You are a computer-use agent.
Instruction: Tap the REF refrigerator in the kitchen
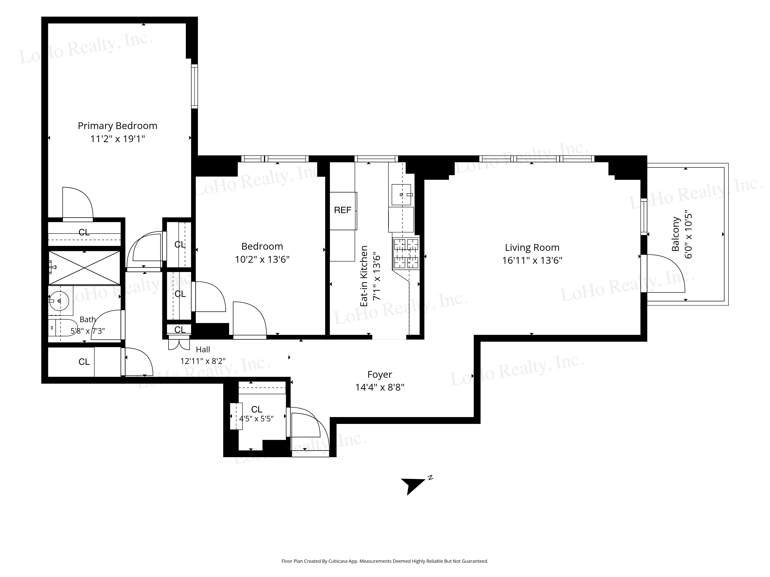point(343,211)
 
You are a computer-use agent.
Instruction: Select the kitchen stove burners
point(406,253)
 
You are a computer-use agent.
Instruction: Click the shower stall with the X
point(84,268)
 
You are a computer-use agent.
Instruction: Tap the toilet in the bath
point(62,328)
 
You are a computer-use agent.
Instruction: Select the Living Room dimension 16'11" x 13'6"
point(532,260)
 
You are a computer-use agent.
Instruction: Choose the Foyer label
point(380,375)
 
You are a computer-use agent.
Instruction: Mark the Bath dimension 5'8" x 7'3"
point(88,331)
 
